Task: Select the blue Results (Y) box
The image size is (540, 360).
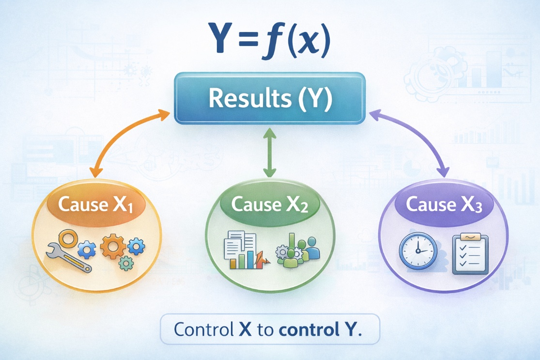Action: click(270, 98)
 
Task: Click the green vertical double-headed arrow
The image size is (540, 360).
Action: click(269, 153)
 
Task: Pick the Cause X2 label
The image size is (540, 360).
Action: click(270, 204)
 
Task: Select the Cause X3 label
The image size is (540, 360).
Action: click(444, 204)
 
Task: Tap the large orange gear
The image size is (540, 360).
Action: click(113, 246)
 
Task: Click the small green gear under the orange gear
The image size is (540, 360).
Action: click(126, 263)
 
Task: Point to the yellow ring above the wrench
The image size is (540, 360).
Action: click(67, 238)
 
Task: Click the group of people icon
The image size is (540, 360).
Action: click(298, 250)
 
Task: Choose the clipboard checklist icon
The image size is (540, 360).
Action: click(470, 254)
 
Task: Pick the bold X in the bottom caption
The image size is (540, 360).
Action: click(245, 329)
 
